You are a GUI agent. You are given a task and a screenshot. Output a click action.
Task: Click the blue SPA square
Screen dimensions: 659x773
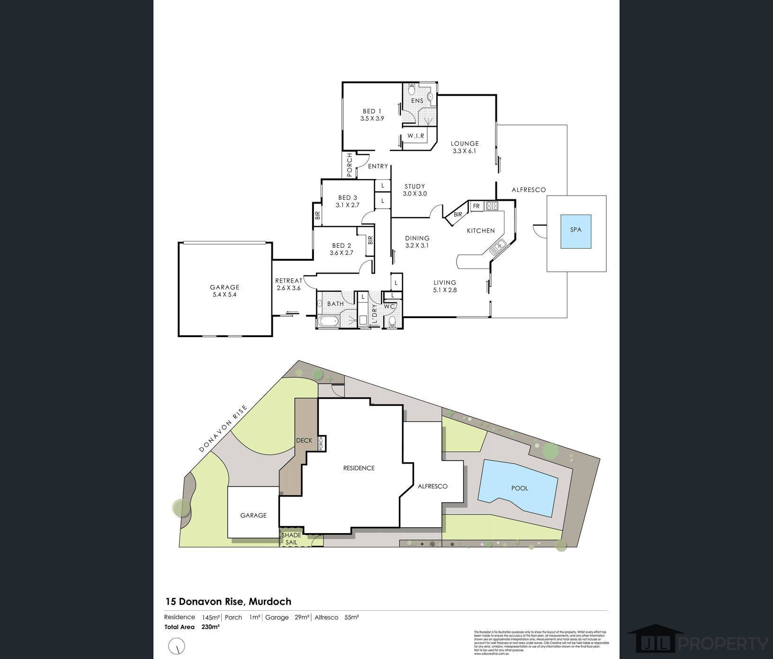pyautogui.click(x=575, y=231)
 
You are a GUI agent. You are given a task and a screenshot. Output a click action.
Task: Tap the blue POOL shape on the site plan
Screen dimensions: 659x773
pyautogui.click(x=519, y=488)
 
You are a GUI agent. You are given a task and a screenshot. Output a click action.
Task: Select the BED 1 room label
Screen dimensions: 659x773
pyautogui.click(x=372, y=112)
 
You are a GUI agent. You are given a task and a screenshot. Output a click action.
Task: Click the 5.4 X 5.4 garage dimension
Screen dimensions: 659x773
pyautogui.click(x=225, y=294)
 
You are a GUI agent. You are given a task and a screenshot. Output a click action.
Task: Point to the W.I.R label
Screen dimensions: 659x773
pyautogui.click(x=416, y=136)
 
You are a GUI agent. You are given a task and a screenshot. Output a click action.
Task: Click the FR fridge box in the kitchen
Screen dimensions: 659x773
pyautogui.click(x=476, y=206)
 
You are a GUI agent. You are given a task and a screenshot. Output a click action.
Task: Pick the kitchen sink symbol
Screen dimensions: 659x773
pyautogui.click(x=498, y=247)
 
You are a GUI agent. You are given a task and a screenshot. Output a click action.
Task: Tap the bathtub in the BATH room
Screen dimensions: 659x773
pyautogui.click(x=328, y=321)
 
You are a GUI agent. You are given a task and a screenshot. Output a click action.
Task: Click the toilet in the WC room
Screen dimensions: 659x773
pyautogui.click(x=392, y=322)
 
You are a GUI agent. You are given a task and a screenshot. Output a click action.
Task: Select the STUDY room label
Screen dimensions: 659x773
pyautogui.click(x=414, y=187)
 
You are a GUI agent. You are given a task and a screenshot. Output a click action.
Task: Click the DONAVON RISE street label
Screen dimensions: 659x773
pyautogui.click(x=223, y=428)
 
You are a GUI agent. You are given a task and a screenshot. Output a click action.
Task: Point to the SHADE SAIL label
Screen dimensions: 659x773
pyautogui.click(x=291, y=539)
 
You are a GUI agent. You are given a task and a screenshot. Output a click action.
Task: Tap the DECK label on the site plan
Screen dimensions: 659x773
pyautogui.click(x=304, y=440)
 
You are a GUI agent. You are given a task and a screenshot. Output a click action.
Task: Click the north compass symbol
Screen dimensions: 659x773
pyautogui.click(x=177, y=646)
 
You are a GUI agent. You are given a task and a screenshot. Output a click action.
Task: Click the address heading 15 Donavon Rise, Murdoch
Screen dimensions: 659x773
pyautogui.click(x=228, y=602)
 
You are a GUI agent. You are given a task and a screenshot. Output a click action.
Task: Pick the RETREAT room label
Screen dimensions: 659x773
pyautogui.click(x=288, y=281)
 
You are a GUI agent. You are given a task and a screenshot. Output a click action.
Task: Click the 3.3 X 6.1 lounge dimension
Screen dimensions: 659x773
pyautogui.click(x=464, y=151)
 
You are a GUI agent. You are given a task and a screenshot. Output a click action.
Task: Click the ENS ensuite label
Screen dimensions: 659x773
pyautogui.click(x=417, y=101)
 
